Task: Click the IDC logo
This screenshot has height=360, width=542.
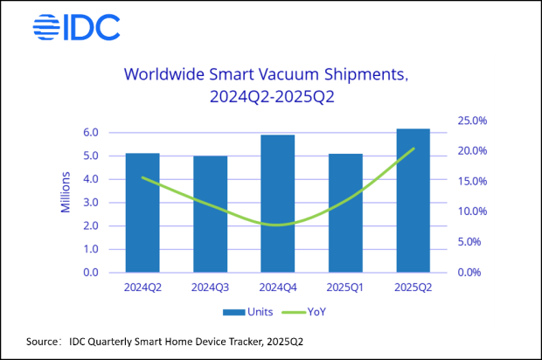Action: click(x=76, y=27)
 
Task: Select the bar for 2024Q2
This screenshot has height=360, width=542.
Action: click(x=142, y=212)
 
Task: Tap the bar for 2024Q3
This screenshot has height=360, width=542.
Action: click(x=210, y=214)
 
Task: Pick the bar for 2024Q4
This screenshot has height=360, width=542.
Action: click(x=278, y=203)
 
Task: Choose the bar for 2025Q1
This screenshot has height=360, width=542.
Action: click(x=345, y=212)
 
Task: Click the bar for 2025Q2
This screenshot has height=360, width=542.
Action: click(x=413, y=200)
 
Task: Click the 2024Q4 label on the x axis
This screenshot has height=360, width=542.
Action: click(x=278, y=287)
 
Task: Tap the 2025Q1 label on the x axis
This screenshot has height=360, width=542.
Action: click(x=345, y=287)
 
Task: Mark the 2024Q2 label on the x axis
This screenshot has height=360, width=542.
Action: click(x=142, y=287)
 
